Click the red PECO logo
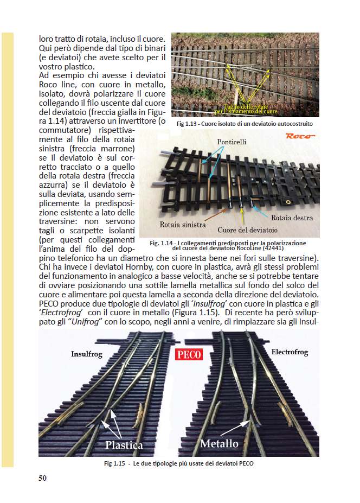[x=189, y=355]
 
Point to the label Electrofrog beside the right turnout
[x=289, y=352]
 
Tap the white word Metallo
[x=219, y=443]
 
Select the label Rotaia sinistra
[x=182, y=224]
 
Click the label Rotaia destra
[x=292, y=218]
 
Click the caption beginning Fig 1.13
[x=245, y=124]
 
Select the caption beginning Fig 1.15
[x=178, y=464]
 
